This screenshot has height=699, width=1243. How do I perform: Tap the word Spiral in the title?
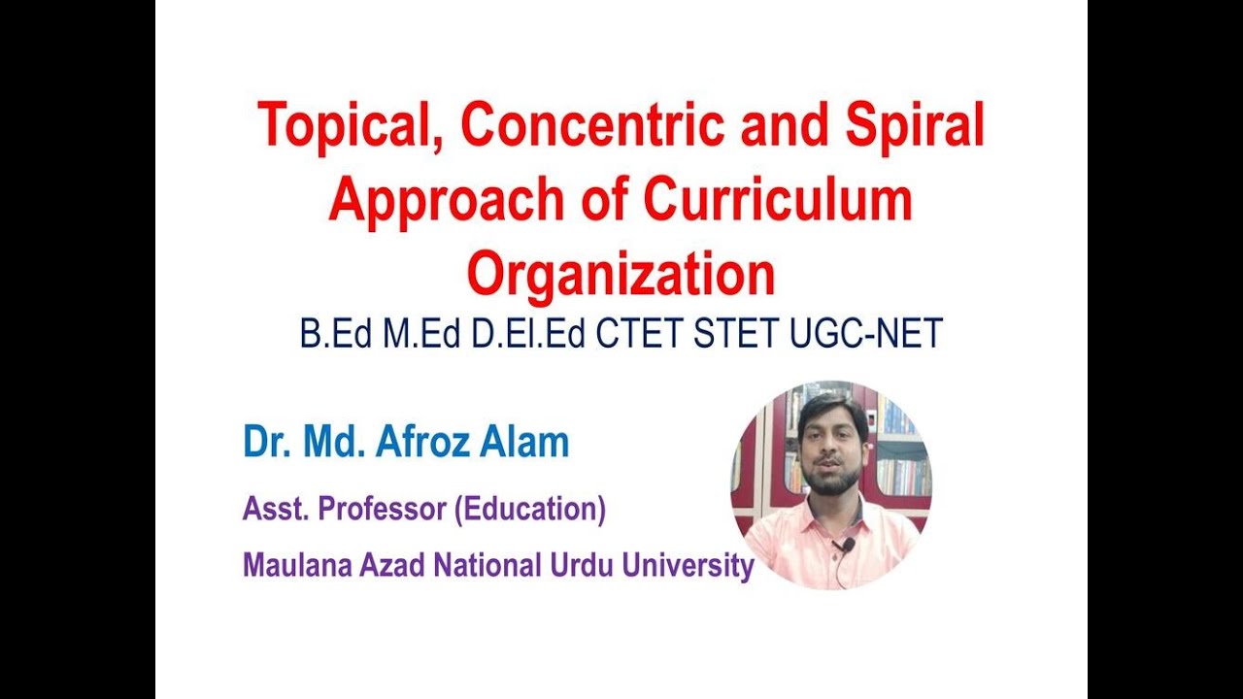coord(915,127)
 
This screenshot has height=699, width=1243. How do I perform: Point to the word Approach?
coord(447,201)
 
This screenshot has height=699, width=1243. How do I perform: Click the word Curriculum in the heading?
coord(777,199)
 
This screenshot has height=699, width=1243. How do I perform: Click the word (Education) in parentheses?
coord(530,510)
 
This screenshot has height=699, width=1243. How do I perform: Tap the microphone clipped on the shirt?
coord(847,547)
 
